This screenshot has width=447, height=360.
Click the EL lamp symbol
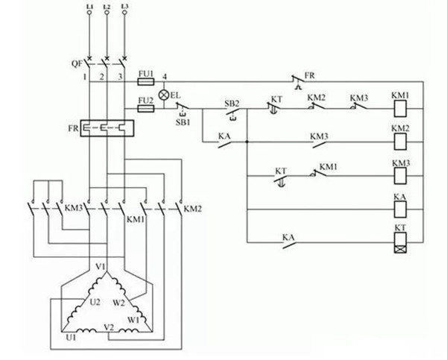(164, 95)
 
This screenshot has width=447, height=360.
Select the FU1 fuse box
(146, 82)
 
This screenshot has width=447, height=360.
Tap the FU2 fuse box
(146, 109)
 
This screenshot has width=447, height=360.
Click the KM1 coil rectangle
(400, 108)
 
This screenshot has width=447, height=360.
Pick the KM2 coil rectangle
(400, 142)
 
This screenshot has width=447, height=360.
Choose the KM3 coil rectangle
(400, 176)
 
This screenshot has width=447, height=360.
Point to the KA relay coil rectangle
(400, 209)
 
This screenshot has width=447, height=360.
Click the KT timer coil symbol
(400, 242)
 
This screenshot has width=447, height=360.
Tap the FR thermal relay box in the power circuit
(107, 128)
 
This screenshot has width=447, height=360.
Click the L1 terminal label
(89, 6)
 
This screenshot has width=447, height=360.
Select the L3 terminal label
(124, 6)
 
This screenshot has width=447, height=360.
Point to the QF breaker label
(77, 64)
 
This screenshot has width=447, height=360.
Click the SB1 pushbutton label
(183, 122)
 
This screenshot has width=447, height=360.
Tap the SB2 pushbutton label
(232, 104)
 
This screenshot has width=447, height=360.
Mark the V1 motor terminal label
(101, 267)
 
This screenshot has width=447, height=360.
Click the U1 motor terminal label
(71, 338)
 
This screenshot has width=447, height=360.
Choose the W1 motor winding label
(133, 320)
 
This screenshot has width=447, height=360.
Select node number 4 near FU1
(165, 77)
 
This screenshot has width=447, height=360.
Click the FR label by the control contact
(310, 75)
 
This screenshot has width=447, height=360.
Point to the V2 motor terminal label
(109, 327)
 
